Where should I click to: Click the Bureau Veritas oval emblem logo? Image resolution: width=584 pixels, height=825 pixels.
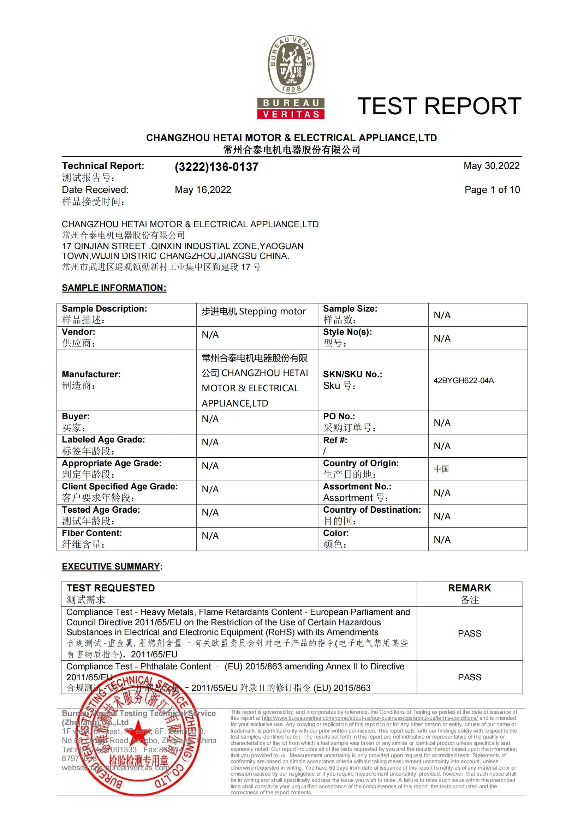tap(291, 65)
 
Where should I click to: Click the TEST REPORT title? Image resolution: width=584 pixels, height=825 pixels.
tap(439, 106)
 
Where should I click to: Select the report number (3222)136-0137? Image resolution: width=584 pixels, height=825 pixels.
tap(216, 167)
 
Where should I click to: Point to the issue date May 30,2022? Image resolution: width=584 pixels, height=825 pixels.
tap(491, 165)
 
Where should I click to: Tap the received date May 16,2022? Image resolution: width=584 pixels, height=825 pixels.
tap(203, 190)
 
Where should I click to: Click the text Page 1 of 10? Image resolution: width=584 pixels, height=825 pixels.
tap(492, 190)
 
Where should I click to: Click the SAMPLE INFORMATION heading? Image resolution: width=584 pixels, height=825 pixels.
tap(114, 288)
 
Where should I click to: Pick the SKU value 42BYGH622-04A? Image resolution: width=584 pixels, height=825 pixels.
tap(464, 380)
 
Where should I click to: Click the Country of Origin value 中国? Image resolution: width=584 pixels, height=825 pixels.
tap(441, 469)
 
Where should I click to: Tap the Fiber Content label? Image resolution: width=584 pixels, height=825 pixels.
tap(92, 533)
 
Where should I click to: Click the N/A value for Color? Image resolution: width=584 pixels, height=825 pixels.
tap(442, 539)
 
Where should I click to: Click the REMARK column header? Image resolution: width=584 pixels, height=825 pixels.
tap(469, 588)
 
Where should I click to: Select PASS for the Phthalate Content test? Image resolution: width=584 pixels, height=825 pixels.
tap(469, 677)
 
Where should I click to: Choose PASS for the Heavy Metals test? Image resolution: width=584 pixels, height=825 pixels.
tap(469, 633)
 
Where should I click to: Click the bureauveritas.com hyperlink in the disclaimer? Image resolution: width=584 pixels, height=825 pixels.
tap(370, 718)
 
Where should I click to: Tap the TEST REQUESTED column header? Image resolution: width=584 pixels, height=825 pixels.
tap(111, 588)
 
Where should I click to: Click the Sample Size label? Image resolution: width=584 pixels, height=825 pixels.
tap(350, 309)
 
